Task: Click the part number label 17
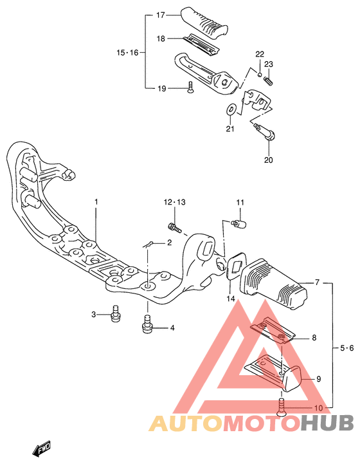click(x=161, y=15)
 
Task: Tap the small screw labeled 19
click(x=190, y=87)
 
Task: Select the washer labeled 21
click(x=231, y=109)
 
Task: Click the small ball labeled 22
click(x=260, y=75)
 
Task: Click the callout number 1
click(x=96, y=202)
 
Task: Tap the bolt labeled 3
click(x=115, y=313)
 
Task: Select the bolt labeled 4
click(x=147, y=324)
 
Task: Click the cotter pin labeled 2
click(x=148, y=245)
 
